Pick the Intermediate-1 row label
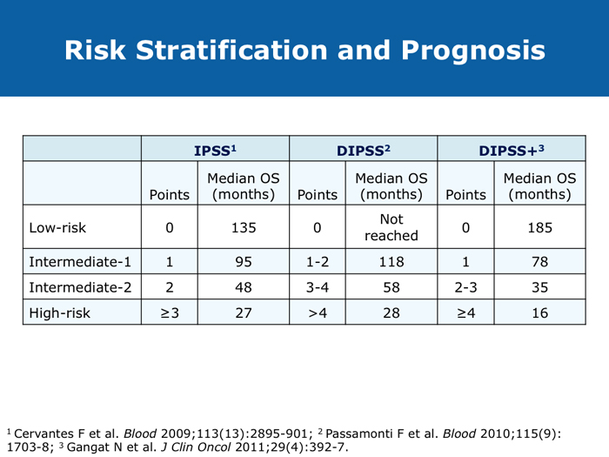81,261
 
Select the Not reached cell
390,228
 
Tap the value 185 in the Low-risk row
536,228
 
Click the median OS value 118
390,261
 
